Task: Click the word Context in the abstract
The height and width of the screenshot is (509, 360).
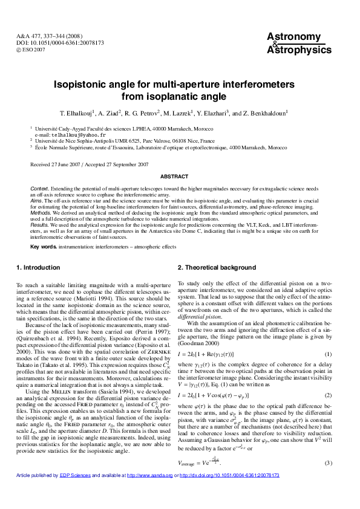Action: pos(40,189)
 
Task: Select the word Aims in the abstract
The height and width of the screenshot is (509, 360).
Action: pos(37,200)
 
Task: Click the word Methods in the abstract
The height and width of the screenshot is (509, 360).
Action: pos(41,212)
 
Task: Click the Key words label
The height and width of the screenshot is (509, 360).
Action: pos(44,247)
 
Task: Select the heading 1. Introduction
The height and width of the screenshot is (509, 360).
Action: pos(38,267)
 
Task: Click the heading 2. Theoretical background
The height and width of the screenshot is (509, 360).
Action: pos(217,267)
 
